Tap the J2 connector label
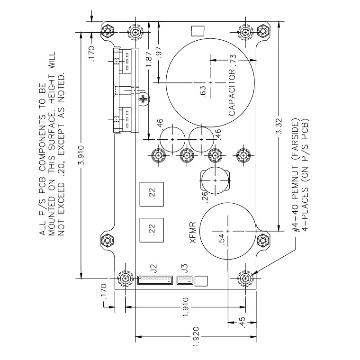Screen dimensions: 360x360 [153, 269]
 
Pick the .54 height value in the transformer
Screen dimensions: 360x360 [221, 239]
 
